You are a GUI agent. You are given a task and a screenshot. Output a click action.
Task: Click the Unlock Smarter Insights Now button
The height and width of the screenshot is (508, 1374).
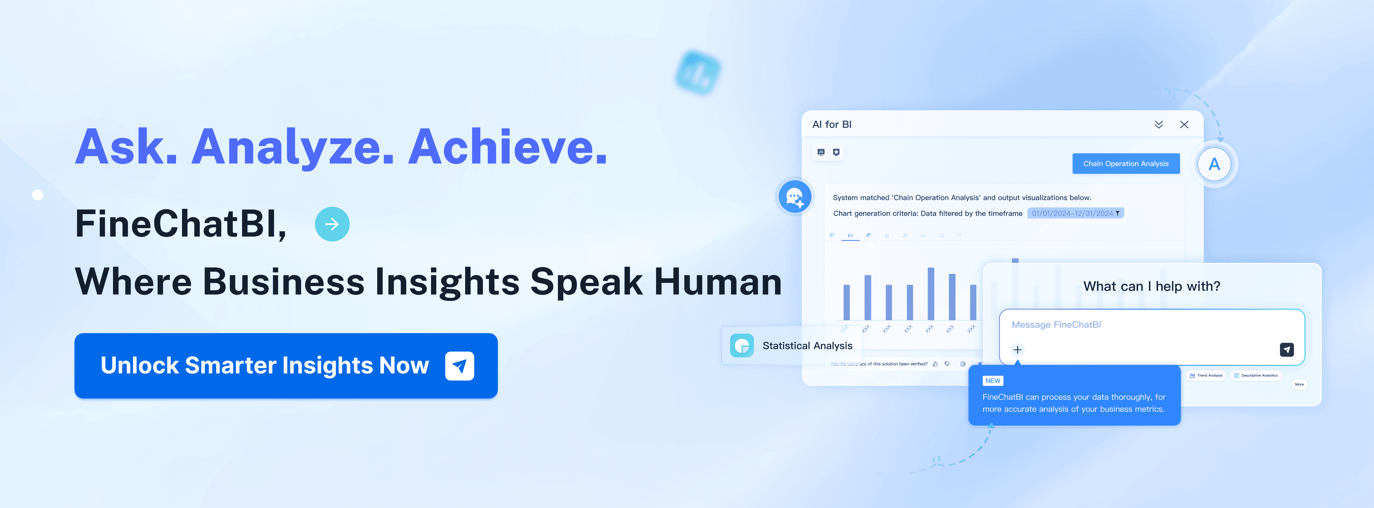coord(286,366)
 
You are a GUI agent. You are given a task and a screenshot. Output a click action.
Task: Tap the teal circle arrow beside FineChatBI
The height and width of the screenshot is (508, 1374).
coord(332,224)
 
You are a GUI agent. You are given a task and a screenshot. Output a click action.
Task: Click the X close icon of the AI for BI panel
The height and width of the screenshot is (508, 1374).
coord(1184,125)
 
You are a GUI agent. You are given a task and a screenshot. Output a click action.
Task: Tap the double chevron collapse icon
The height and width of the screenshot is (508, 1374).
coord(1158,125)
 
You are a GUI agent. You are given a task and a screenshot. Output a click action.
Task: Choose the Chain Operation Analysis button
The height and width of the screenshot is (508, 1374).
coord(1125,164)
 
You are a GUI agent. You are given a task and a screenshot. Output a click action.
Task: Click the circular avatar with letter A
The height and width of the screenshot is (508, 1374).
coord(1214,164)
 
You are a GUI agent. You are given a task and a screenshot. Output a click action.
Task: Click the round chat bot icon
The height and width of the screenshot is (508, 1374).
coord(795,197)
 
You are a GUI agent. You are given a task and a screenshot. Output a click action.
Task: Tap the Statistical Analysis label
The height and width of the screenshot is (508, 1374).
coord(807,345)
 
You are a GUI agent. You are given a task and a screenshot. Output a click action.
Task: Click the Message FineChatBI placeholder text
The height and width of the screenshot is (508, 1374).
coord(1056,325)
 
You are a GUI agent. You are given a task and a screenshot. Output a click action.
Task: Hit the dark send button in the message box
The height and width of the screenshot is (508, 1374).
coord(1287,350)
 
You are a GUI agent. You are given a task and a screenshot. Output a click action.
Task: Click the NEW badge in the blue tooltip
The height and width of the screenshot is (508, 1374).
coord(993,381)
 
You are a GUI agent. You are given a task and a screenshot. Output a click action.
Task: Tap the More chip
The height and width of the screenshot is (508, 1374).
coord(1299,384)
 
